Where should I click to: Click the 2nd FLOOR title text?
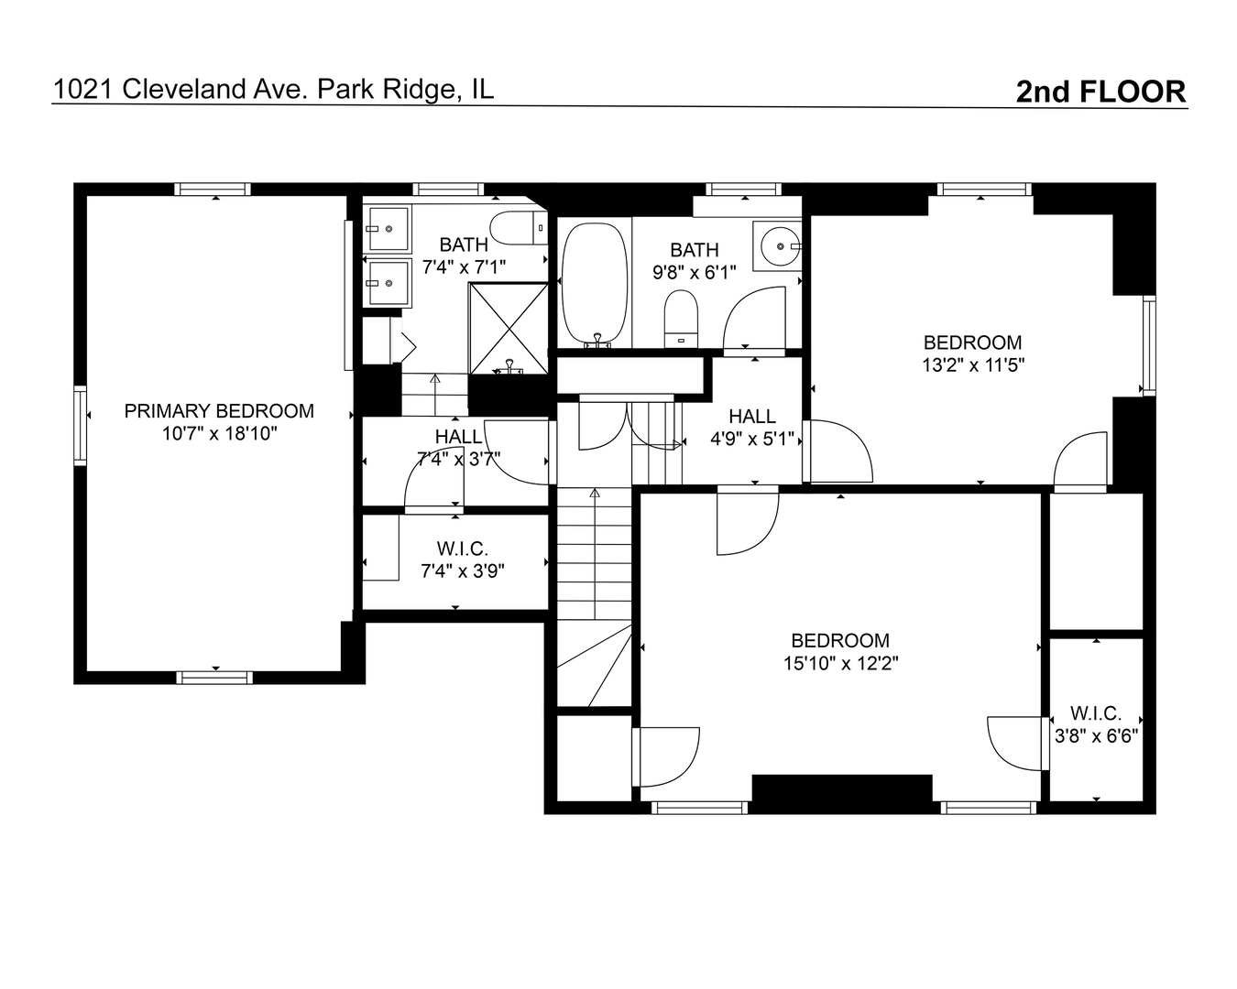coord(1100,92)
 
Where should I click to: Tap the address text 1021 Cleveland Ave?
coord(178,90)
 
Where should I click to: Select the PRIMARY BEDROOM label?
coord(219,411)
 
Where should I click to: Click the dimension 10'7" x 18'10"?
coord(219,434)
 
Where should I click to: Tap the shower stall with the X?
coord(509,328)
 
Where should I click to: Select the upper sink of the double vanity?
coord(388,229)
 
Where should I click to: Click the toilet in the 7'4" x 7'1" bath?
coord(519,228)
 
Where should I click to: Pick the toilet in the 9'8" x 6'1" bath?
coord(681,319)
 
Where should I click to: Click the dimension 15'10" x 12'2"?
coord(840,664)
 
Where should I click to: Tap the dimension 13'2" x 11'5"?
coord(973,365)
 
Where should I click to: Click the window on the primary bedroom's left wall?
coord(80,425)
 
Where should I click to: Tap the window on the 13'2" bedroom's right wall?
coord(1149,345)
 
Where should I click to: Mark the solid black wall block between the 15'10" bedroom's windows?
coord(841,795)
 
